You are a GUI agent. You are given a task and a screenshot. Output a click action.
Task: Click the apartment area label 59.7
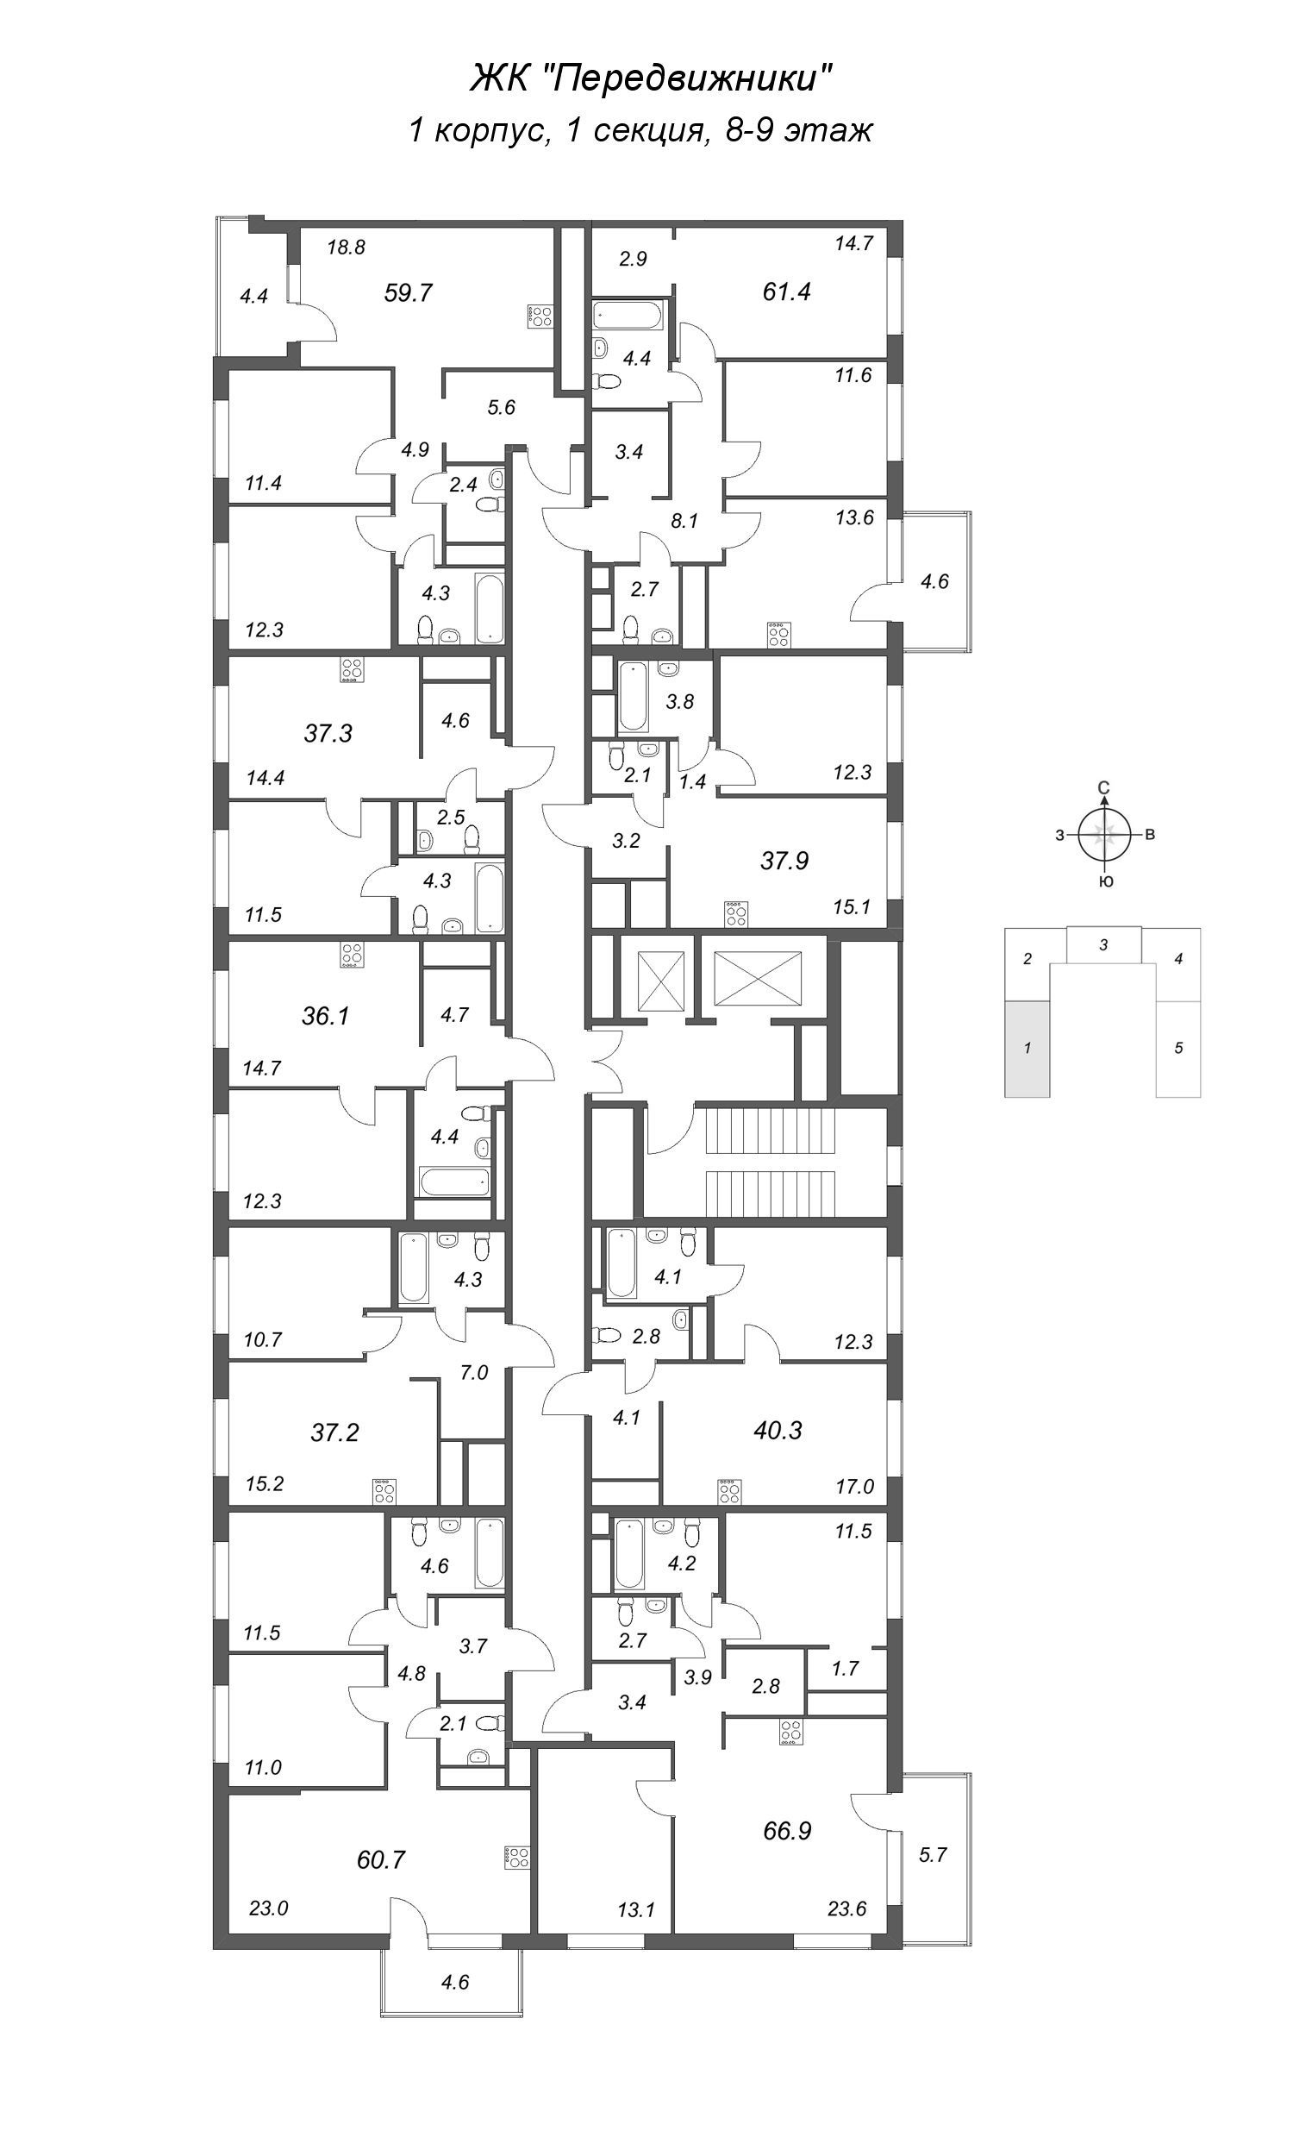pos(408,292)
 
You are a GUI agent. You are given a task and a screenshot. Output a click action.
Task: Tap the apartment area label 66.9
pos(787,1830)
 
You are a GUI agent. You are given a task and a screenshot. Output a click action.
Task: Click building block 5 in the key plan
pos(1178,1049)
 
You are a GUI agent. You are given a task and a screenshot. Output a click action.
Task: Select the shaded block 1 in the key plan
pos(1028,1049)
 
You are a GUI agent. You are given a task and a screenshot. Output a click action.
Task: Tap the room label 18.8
pos(346,248)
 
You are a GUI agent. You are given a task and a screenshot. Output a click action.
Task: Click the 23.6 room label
pos(846,1934)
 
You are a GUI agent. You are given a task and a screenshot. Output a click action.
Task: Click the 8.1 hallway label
pos(684,521)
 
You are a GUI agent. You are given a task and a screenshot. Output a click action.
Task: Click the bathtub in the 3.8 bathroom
pos(634,698)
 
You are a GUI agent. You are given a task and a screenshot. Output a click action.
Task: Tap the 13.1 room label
pos(636,1934)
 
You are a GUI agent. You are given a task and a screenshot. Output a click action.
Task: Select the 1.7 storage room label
pos(845,1668)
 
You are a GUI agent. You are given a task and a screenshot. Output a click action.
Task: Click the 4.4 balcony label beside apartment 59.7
pos(253,297)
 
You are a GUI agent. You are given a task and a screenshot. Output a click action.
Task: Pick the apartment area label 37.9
pos(784,861)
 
